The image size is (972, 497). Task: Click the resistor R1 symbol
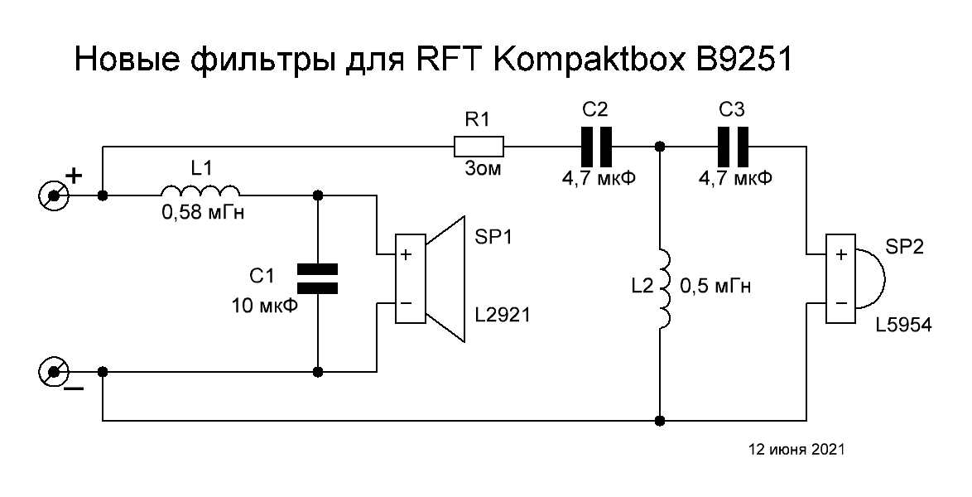[478, 147]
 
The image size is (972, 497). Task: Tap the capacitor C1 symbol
[317, 278]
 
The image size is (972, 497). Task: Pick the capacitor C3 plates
[734, 147]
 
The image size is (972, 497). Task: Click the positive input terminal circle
[55, 196]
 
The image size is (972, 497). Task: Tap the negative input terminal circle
[55, 372]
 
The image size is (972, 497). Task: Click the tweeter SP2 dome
[869, 278]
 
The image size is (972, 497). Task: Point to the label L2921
[503, 315]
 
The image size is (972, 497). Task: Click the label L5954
[903, 326]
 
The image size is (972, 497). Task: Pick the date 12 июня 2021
[796, 451]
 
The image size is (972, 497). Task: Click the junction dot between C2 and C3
[661, 147]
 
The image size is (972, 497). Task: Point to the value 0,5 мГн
[715, 287]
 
